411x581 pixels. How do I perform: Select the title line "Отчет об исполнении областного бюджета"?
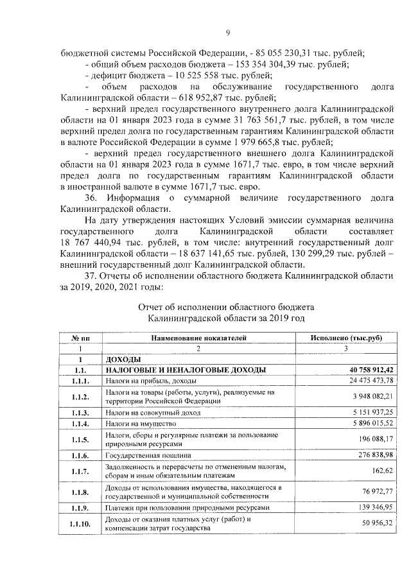point(225,306)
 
